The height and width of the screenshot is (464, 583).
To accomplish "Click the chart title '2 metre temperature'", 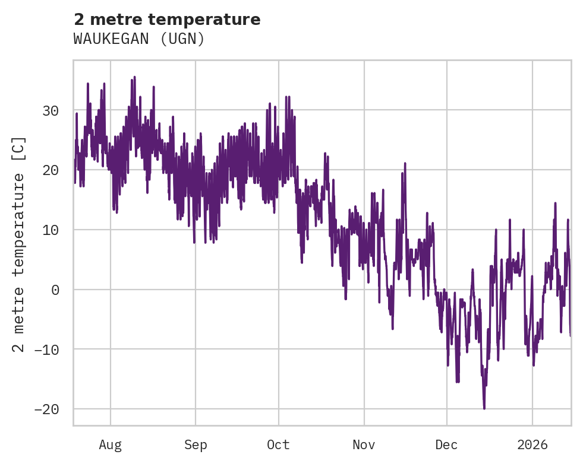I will tap(167, 20).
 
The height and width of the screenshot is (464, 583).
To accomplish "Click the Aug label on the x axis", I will tap(111, 444).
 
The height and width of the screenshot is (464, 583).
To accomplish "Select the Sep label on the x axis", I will tap(196, 444).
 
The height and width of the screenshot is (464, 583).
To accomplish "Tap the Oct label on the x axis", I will tap(278, 444).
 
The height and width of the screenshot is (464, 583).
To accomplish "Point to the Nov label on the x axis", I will tap(364, 444).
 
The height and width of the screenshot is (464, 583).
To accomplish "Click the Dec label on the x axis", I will tap(446, 444).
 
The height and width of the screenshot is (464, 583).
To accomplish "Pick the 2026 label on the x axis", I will tap(532, 444).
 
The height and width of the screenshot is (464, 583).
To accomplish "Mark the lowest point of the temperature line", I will tap(484, 409).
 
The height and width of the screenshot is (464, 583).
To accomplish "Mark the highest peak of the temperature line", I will tap(134, 77).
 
